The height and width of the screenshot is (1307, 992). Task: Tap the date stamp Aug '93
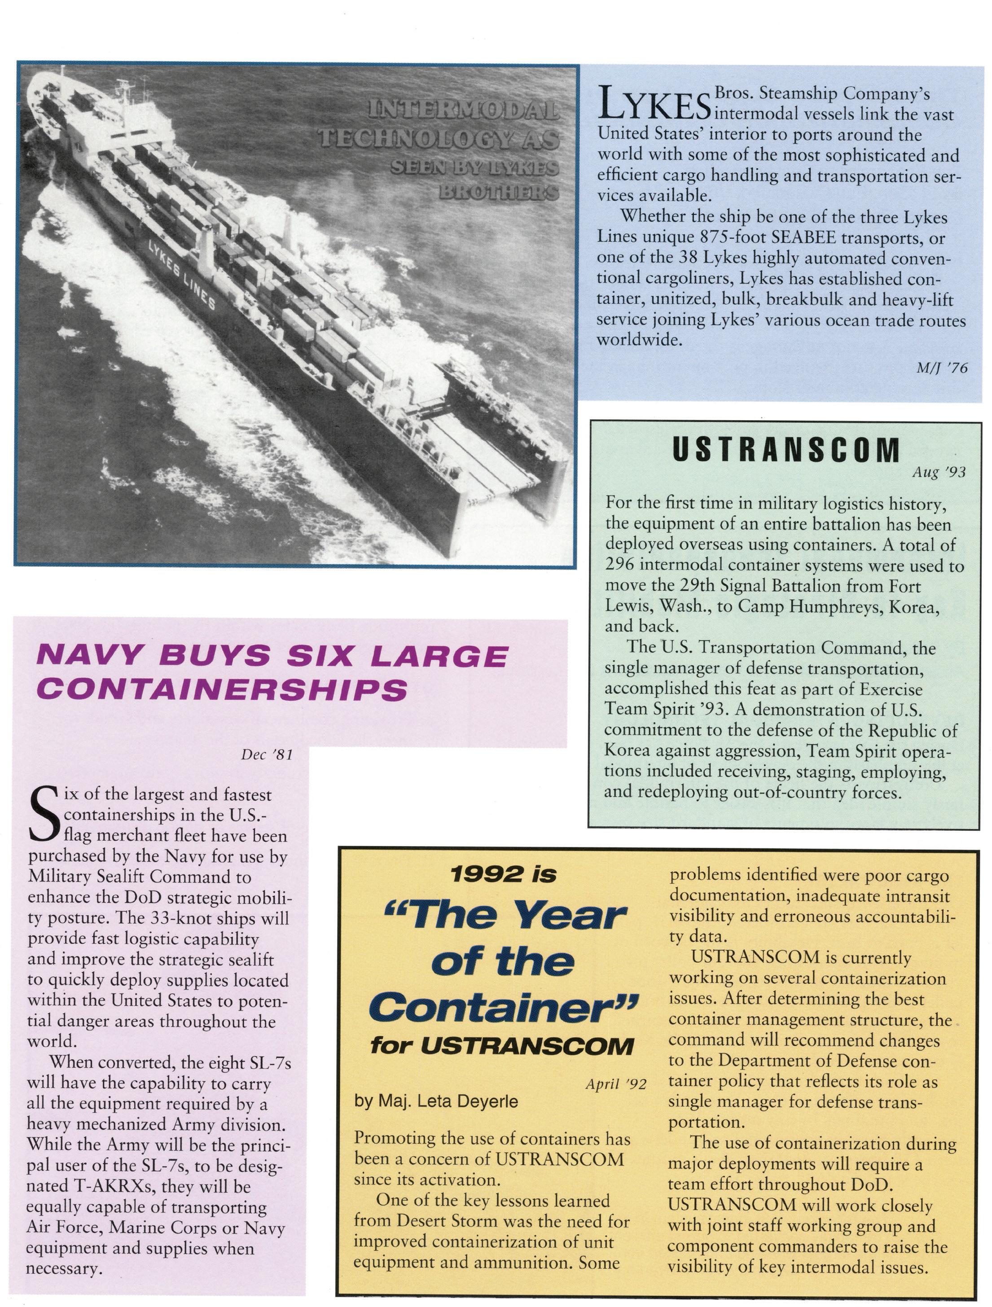pos(939,473)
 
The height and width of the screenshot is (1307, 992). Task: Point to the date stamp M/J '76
pos(942,368)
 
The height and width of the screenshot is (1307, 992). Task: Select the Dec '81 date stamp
pos(267,755)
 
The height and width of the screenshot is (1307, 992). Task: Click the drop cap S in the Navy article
pos(43,816)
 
